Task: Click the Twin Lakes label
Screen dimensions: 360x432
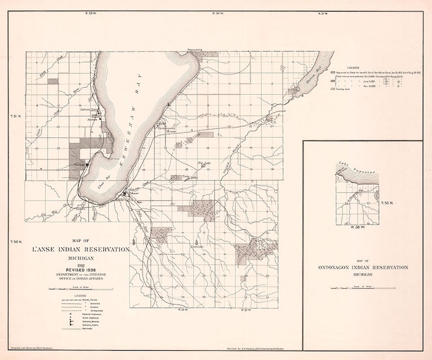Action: (189, 177)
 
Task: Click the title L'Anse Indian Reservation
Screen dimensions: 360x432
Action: (81, 250)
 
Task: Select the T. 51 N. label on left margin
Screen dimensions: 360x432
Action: (16, 116)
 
